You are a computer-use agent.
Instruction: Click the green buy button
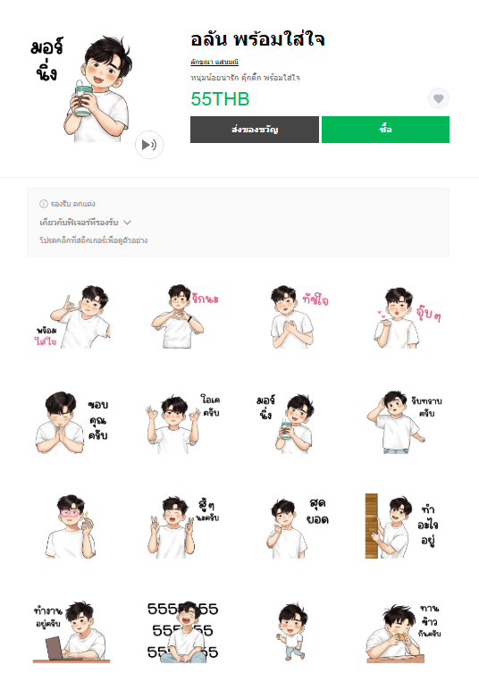(x=385, y=130)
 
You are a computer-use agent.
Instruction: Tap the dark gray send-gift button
(x=254, y=130)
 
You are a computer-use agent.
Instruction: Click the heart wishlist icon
(x=438, y=98)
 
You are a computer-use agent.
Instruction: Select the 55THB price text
(x=220, y=99)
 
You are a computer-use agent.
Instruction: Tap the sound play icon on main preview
(x=149, y=145)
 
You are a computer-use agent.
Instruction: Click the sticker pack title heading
(x=257, y=39)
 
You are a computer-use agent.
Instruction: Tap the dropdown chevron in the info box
(x=128, y=222)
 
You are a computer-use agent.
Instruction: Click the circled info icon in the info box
(x=44, y=204)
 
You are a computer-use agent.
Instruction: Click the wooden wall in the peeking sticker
(x=373, y=526)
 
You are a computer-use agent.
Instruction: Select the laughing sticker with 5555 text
(x=182, y=633)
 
